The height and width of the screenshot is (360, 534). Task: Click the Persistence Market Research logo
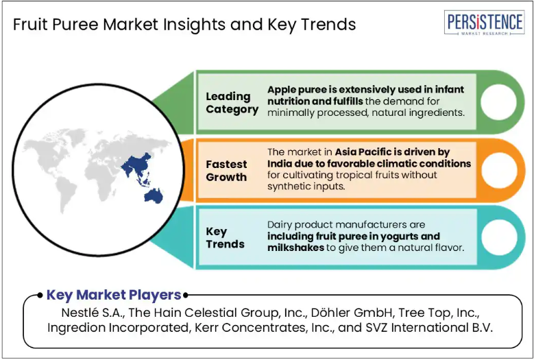(x=484, y=23)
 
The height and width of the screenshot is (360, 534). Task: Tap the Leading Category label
(x=232, y=103)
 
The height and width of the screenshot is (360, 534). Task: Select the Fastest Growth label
(x=226, y=171)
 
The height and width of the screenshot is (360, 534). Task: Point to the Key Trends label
(x=225, y=238)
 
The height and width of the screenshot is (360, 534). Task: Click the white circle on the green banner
(x=498, y=102)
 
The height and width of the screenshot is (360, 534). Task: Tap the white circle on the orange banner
(x=499, y=170)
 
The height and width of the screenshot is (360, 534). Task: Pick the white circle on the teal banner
(x=499, y=237)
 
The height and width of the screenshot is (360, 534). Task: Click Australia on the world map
(x=154, y=196)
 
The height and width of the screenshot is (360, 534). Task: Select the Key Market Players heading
(x=114, y=295)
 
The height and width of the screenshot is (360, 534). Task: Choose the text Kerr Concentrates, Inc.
(x=264, y=328)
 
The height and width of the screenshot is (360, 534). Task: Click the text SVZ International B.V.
(x=429, y=328)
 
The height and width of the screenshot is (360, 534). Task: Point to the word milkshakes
(x=295, y=248)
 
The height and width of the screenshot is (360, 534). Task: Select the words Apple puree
(x=292, y=91)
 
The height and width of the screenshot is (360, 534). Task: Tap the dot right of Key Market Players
(x=186, y=296)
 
